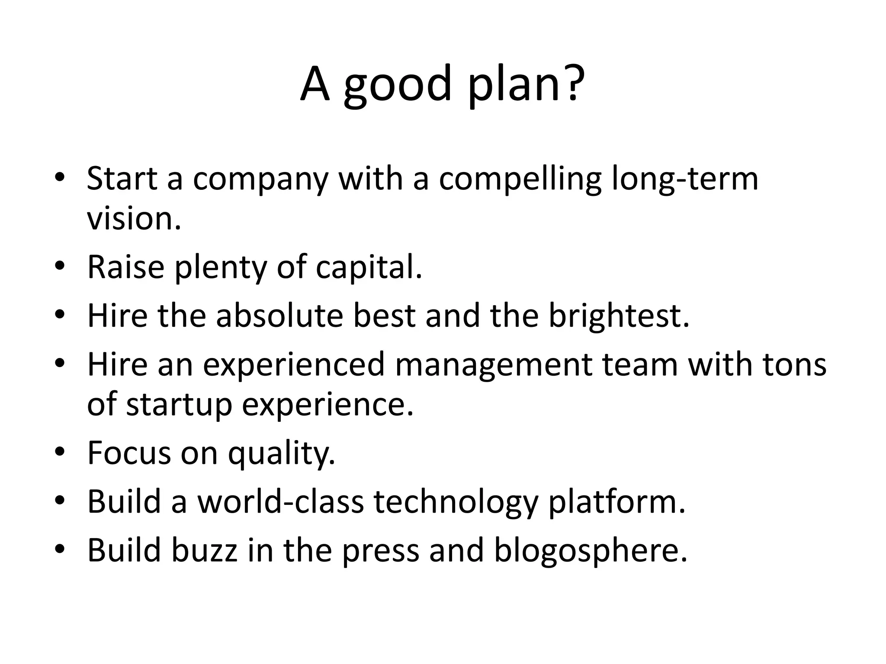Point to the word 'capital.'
(369, 268)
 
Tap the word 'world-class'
(280, 501)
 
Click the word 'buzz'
(205, 550)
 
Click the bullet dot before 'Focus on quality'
(60, 452)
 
